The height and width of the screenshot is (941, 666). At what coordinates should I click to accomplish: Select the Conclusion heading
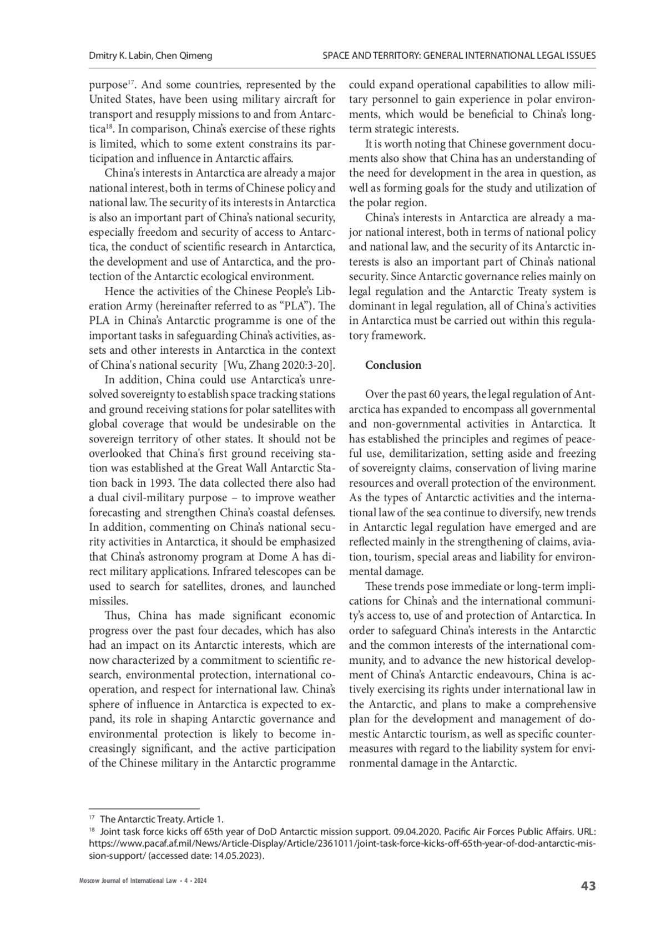click(x=393, y=365)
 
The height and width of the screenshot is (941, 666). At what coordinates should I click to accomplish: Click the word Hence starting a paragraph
click(x=118, y=291)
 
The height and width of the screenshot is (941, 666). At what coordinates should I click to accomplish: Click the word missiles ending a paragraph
click(x=108, y=601)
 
